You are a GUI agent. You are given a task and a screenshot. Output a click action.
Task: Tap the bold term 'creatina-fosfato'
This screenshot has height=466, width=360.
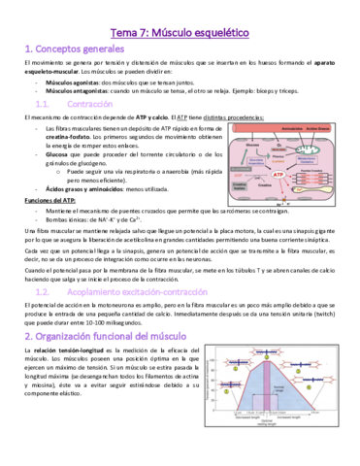coord(67,137)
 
